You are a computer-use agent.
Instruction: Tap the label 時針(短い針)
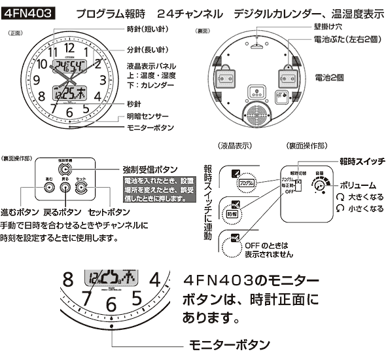pos(149,30)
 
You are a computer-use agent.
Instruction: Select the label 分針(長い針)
pos(149,50)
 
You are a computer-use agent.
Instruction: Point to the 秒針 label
pos(135,103)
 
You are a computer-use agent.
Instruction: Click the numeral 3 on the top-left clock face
pos(103,81)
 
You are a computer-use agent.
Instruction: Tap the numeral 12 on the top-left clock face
pos(69,48)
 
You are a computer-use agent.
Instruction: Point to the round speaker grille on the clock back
pos(256,112)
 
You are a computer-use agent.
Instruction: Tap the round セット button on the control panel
pos(80,187)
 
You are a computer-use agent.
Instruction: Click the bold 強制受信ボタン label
pos(151,169)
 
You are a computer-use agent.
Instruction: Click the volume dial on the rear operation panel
pos(319,186)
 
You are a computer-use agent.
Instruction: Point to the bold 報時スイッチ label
pos(362,160)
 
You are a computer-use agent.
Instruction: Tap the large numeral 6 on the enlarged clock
pos(111,305)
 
